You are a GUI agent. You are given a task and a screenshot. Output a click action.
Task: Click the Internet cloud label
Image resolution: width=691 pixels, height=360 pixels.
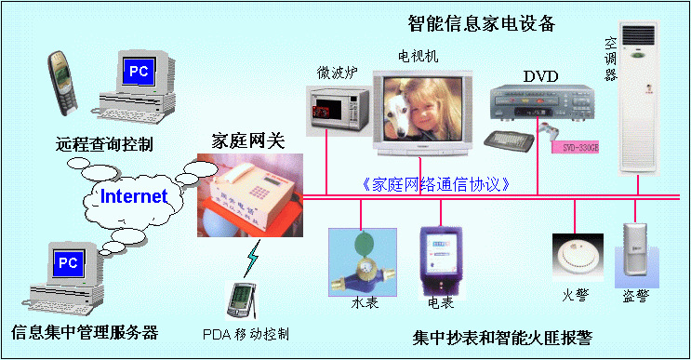(134, 196)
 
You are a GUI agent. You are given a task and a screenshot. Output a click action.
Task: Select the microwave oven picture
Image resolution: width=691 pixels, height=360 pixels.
(337, 107)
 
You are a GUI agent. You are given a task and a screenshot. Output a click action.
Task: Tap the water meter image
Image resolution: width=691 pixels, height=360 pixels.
(361, 263)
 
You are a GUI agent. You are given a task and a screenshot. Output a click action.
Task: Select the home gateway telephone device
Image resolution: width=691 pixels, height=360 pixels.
(249, 197)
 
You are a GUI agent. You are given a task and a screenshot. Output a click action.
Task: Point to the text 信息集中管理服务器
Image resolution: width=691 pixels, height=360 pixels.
(85, 331)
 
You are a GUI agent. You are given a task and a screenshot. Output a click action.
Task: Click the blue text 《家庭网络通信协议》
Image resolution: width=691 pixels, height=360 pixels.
(436, 184)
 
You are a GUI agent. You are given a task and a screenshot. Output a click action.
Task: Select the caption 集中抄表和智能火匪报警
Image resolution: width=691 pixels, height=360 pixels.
(502, 336)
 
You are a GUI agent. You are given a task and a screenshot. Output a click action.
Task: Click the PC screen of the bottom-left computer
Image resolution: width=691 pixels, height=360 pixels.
(68, 263)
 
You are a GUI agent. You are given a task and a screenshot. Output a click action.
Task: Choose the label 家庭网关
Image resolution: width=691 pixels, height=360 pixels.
(246, 142)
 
